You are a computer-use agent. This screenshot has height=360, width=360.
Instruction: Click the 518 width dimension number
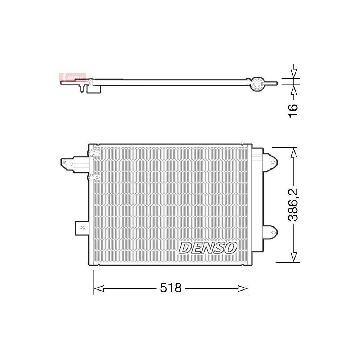coord(171,288)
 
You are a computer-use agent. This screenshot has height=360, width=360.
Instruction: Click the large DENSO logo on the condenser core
coord(208,248)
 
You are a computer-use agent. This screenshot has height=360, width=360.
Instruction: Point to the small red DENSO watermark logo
coord(72,77)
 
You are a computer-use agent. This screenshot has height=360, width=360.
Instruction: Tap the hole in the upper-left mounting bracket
coord(64,162)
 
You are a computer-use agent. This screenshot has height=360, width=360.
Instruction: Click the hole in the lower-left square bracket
coord(82,228)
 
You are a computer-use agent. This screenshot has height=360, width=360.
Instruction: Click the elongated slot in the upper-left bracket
coord(79,165)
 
